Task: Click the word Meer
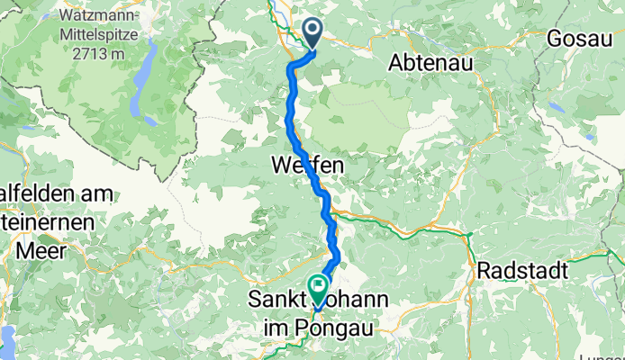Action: [x=25, y=254]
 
